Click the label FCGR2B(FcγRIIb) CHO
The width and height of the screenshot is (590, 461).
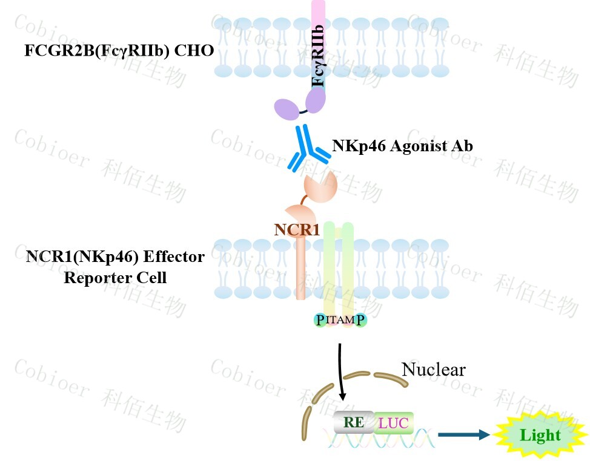click(119, 50)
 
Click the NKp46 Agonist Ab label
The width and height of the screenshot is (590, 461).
click(402, 146)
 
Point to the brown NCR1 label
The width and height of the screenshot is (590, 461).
click(296, 229)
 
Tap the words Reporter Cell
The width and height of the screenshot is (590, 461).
click(115, 278)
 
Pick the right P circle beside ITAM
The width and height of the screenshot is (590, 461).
click(361, 320)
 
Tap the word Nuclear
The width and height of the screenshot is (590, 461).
click(433, 369)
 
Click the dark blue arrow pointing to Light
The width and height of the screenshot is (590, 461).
click(463, 434)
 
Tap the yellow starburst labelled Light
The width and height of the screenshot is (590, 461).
click(541, 435)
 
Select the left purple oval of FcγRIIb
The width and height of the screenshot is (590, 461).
click(287, 109)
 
